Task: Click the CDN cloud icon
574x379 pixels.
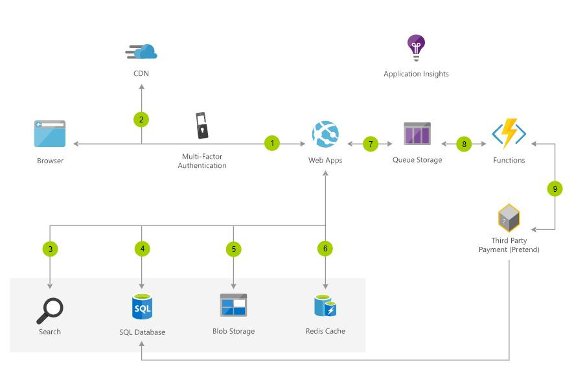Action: [142, 51]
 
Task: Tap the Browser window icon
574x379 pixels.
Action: [50, 134]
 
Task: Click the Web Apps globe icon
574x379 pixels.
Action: [325, 135]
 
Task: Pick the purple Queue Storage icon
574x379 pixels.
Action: [417, 133]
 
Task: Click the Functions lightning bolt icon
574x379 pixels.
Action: [509, 133]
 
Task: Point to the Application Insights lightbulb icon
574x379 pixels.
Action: [415, 47]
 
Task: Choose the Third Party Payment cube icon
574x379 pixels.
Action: [509, 218]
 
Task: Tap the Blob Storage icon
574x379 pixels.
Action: [233, 305]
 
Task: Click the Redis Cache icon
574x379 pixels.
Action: [325, 306]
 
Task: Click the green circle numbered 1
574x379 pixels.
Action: [272, 143]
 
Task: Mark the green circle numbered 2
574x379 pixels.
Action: [141, 119]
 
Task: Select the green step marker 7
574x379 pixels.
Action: [371, 144]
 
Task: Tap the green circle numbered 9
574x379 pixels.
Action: [555, 189]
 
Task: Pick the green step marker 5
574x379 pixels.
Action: [233, 248]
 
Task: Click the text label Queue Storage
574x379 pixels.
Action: [417, 159]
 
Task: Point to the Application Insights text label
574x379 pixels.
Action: [416, 74]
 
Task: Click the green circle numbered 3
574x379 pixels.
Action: [49, 248]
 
